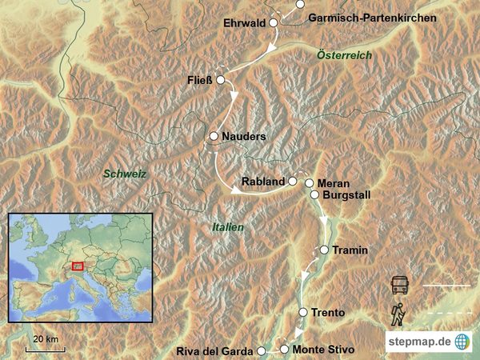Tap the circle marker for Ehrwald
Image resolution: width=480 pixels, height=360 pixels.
[x=274, y=24]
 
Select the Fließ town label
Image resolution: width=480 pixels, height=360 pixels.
[x=199, y=80]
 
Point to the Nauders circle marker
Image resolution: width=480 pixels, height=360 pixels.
[x=214, y=137]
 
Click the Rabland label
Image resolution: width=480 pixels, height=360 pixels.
[x=263, y=181]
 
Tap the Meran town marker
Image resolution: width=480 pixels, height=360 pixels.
[x=309, y=183]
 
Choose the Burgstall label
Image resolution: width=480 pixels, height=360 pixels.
[x=346, y=194]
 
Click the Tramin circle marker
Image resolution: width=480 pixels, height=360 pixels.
[x=324, y=250]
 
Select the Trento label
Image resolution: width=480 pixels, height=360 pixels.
[x=329, y=312]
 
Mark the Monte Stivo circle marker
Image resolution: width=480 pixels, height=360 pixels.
[x=284, y=350]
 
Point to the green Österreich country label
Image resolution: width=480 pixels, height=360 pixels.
[x=344, y=55]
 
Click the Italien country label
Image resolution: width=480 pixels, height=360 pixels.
[x=228, y=227]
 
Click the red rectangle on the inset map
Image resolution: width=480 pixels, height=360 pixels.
[x=78, y=266]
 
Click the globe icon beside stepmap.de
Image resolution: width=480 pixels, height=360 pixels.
[x=462, y=341]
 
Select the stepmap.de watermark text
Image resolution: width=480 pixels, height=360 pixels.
[x=420, y=342]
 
